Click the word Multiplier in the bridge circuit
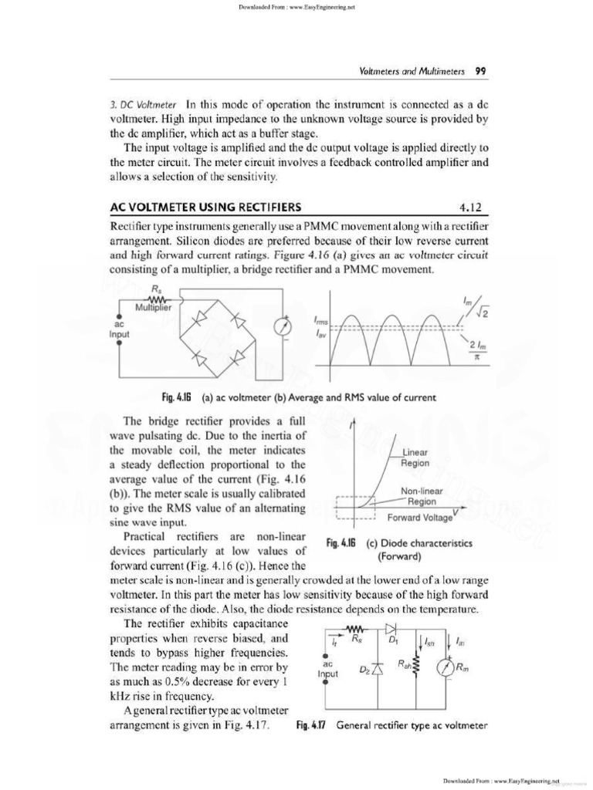[157, 308]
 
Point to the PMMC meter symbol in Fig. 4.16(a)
[281, 326]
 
